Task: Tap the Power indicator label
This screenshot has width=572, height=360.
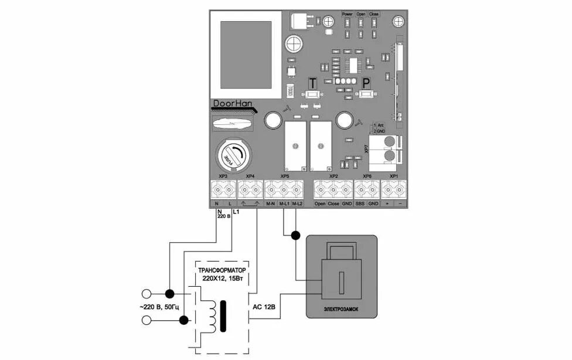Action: [347, 13]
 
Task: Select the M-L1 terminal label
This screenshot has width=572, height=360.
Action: [284, 204]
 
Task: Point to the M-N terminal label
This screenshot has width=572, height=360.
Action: [271, 204]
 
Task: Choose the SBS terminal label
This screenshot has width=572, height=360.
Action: [360, 204]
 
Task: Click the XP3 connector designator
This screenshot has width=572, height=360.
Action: [223, 176]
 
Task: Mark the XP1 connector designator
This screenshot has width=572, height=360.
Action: [393, 176]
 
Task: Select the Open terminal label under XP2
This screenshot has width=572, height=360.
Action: [320, 204]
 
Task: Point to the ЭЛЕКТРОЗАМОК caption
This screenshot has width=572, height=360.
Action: [341, 308]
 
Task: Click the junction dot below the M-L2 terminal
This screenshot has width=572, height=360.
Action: [296, 236]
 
